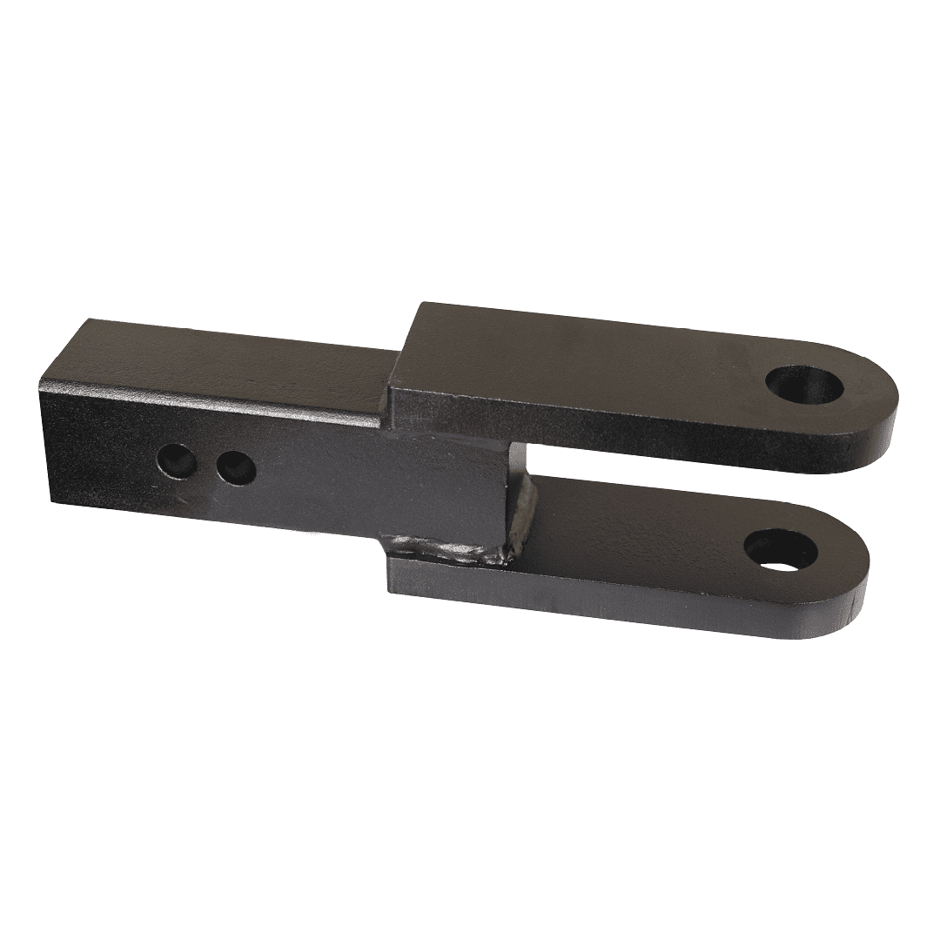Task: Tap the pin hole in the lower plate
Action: pyautogui.click(x=778, y=552)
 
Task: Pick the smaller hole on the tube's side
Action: pyautogui.click(x=236, y=468)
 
